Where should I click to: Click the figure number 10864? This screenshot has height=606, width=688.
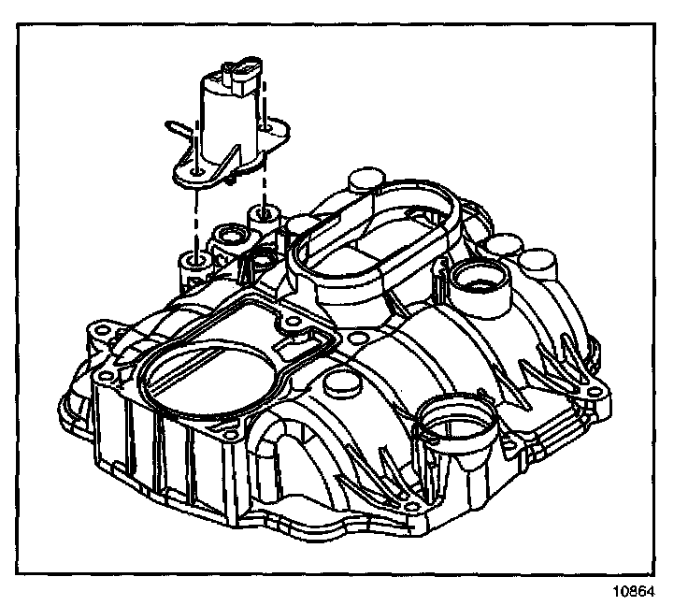click(x=636, y=591)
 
